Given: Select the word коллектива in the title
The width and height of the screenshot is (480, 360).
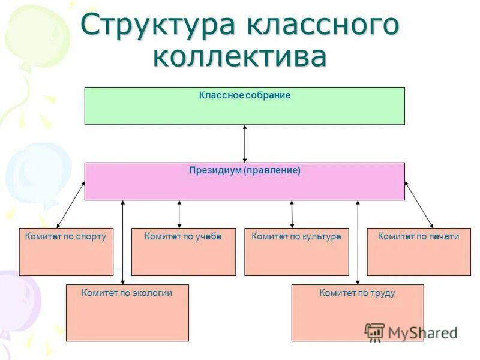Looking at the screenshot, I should (x=240, y=57).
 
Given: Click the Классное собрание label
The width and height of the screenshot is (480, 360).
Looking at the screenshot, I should (x=245, y=95).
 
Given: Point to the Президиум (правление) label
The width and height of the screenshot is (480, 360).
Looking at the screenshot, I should (x=245, y=170).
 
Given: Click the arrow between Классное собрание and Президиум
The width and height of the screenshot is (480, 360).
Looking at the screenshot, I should (x=245, y=143).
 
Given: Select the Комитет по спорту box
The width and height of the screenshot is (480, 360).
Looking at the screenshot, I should (x=66, y=252).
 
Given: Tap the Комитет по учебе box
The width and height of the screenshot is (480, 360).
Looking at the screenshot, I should (x=184, y=252).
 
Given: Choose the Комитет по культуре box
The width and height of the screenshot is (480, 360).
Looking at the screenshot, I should (x=296, y=252).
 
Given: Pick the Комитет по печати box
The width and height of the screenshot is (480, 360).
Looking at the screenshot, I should (x=419, y=252).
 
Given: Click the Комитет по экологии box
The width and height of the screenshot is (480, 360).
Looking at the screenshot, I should (x=127, y=313).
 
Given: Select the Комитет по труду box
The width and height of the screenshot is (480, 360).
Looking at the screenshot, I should (x=358, y=313).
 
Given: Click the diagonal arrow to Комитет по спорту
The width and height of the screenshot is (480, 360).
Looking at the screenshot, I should (x=71, y=205).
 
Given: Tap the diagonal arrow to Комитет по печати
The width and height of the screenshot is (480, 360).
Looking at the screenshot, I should (x=419, y=205).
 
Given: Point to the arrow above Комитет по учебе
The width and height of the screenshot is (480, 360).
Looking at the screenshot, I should (x=179, y=214).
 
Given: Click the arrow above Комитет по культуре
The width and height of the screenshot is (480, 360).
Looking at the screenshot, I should (x=292, y=214).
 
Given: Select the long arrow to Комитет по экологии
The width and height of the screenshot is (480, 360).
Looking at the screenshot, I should (x=123, y=240).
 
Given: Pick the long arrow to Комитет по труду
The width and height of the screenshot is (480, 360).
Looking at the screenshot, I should (x=358, y=240).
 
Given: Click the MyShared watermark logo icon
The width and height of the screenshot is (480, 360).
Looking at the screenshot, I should (x=375, y=332).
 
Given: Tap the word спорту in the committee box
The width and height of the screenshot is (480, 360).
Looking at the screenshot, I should (x=91, y=236).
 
